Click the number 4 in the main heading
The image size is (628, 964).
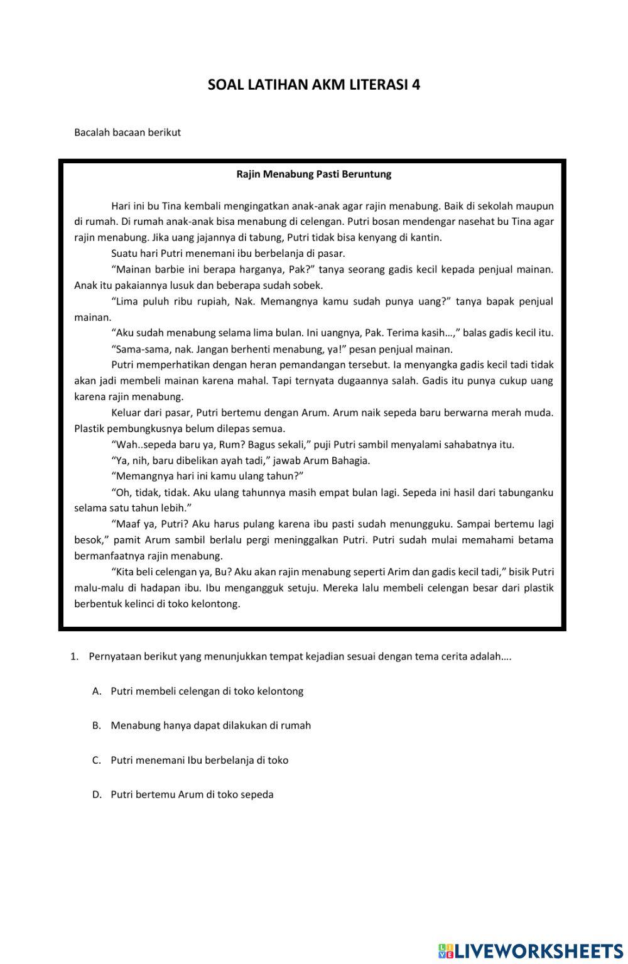416,85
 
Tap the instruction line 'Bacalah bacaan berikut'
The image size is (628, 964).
127,133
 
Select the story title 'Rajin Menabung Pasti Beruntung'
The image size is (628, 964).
313,174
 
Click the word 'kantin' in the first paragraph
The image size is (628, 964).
426,237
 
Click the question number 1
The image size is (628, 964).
73,657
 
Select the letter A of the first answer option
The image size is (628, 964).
96,691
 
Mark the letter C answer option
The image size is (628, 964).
96,760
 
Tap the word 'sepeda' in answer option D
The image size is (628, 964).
257,794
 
